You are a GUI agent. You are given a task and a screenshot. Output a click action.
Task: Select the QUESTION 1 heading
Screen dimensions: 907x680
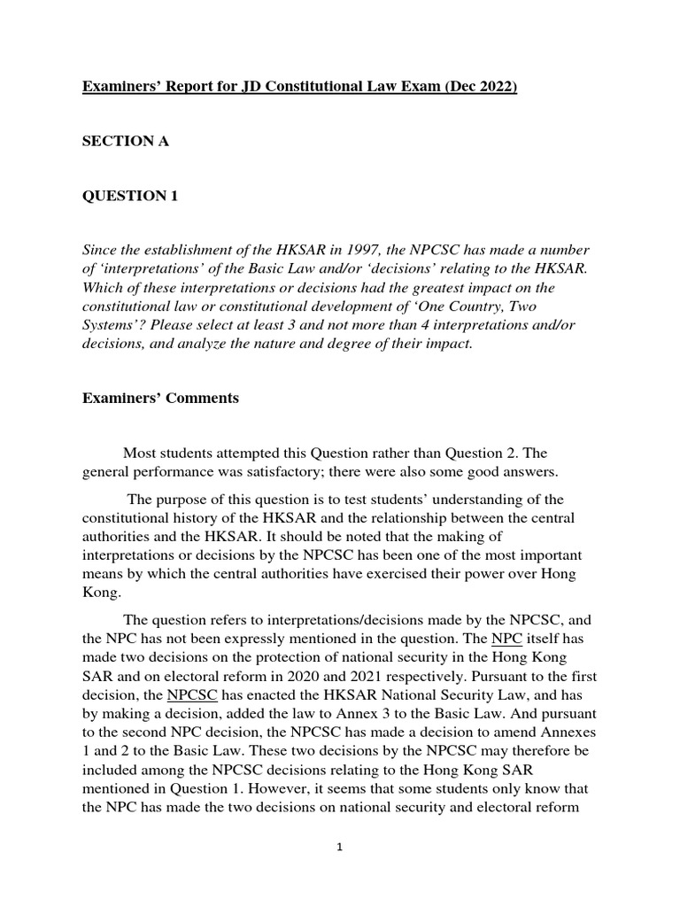[x=130, y=197]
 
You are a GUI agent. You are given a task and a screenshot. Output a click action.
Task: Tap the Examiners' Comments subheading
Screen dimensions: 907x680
[x=160, y=398]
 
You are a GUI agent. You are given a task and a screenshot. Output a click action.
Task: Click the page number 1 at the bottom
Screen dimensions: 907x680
[x=339, y=847]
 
